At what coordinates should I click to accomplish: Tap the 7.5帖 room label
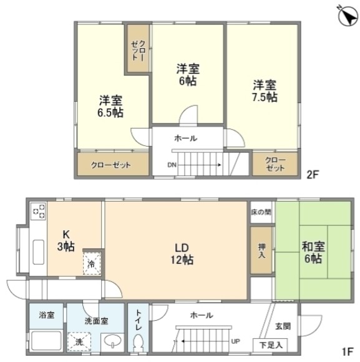point(265,91)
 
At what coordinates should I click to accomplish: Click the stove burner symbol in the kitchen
point(38,212)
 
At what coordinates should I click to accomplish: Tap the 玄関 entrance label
point(282,326)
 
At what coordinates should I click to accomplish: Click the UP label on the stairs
point(236,342)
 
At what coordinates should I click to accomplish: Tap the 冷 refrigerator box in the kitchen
point(91,263)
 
